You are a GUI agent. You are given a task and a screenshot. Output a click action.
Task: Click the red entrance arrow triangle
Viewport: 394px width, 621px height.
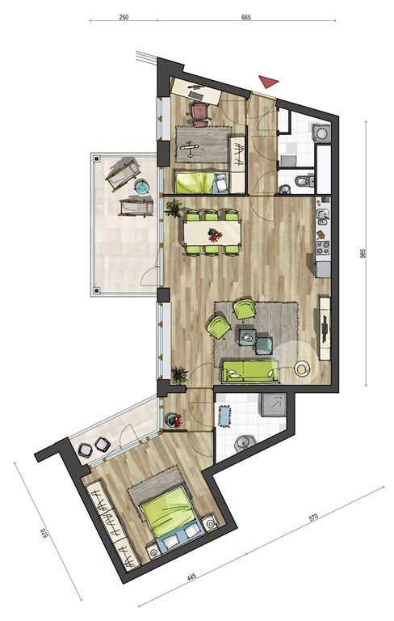[268, 81]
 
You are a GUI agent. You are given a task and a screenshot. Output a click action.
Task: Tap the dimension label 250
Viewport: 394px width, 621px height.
[124, 18]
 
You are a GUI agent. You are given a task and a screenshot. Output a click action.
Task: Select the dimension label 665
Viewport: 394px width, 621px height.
[246, 18]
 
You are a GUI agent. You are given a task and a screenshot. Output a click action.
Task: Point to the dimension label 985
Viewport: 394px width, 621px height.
[363, 253]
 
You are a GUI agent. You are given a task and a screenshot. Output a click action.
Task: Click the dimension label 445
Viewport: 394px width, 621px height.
[191, 577]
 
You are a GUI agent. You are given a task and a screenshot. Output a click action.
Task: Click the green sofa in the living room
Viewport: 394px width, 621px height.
[249, 371]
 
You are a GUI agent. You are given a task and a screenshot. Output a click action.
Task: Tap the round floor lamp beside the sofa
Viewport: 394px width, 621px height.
[302, 369]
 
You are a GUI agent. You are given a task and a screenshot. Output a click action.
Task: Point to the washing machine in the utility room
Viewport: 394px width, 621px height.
[322, 133]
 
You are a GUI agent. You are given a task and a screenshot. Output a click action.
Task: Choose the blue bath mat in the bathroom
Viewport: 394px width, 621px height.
[225, 416]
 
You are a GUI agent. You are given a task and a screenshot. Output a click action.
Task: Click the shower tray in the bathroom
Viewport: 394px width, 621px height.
[273, 405]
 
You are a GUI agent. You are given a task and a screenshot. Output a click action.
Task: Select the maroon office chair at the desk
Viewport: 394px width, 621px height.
[200, 114]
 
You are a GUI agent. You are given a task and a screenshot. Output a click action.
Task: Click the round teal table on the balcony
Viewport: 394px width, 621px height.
[141, 186]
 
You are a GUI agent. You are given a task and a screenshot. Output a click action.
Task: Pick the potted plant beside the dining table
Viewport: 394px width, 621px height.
[173, 209]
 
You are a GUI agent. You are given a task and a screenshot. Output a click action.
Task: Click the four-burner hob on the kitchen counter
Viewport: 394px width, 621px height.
[323, 247]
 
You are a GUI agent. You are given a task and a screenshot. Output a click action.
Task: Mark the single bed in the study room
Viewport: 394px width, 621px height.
[202, 182]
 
